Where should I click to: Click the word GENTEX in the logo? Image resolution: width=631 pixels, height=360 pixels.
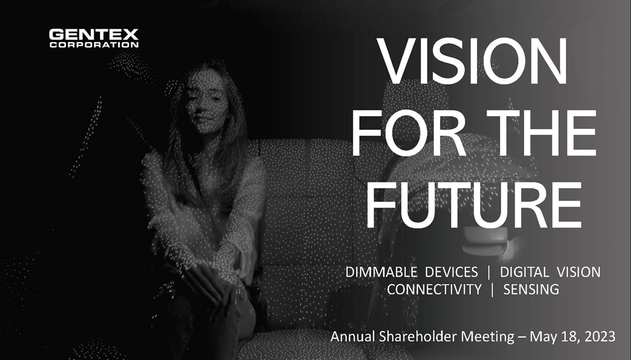click(94, 34)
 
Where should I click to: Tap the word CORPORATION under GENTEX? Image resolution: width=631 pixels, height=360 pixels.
click(94, 44)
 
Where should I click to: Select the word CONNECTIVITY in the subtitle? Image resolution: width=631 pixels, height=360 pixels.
click(434, 289)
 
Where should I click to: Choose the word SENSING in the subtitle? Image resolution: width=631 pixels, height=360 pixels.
click(531, 289)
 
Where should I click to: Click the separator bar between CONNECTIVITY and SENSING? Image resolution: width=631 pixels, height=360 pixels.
click(492, 289)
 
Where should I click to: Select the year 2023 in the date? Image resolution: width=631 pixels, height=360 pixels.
click(600, 337)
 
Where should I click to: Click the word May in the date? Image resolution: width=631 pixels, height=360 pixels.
click(533, 337)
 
